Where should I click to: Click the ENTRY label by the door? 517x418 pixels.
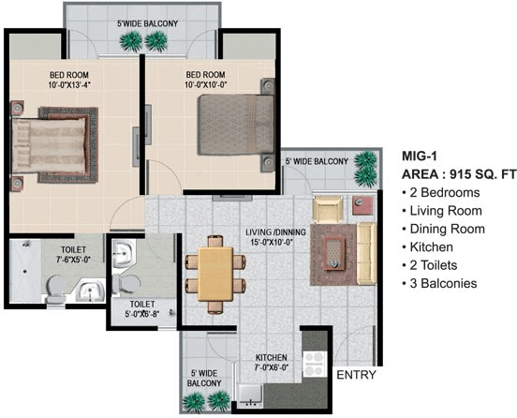[x=356, y=375]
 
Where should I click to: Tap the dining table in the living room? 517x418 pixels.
[x=215, y=275]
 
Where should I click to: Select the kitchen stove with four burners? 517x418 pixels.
[x=315, y=364]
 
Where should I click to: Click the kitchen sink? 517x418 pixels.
[x=250, y=395]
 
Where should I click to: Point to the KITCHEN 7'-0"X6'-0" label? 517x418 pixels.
[x=272, y=363]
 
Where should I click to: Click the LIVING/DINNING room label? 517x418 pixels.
[x=275, y=237]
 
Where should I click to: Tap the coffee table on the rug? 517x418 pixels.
[x=334, y=253]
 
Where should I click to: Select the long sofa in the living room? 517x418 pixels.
[x=366, y=253]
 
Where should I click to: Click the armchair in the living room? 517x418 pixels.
[x=328, y=209]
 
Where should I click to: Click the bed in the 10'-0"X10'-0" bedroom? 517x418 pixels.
[x=235, y=125]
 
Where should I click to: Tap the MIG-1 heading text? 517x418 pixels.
[x=420, y=156]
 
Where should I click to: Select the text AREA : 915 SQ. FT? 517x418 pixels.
[x=459, y=174]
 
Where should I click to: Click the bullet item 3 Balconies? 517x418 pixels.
[x=439, y=283]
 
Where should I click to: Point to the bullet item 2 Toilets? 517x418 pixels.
[x=430, y=265]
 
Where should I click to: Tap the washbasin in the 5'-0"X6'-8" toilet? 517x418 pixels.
[x=124, y=253]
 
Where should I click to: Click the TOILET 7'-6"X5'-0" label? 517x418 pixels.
[x=73, y=254]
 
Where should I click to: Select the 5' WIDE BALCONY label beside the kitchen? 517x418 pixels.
[x=204, y=378]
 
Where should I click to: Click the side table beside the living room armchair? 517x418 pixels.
[x=362, y=206]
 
